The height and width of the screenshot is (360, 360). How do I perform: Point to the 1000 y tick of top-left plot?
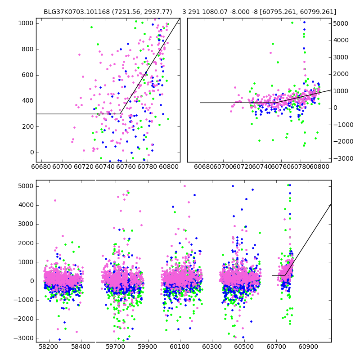(27, 23)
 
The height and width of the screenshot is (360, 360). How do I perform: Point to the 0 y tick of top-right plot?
(336, 108)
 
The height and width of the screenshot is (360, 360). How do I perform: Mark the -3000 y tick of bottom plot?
(25, 338)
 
